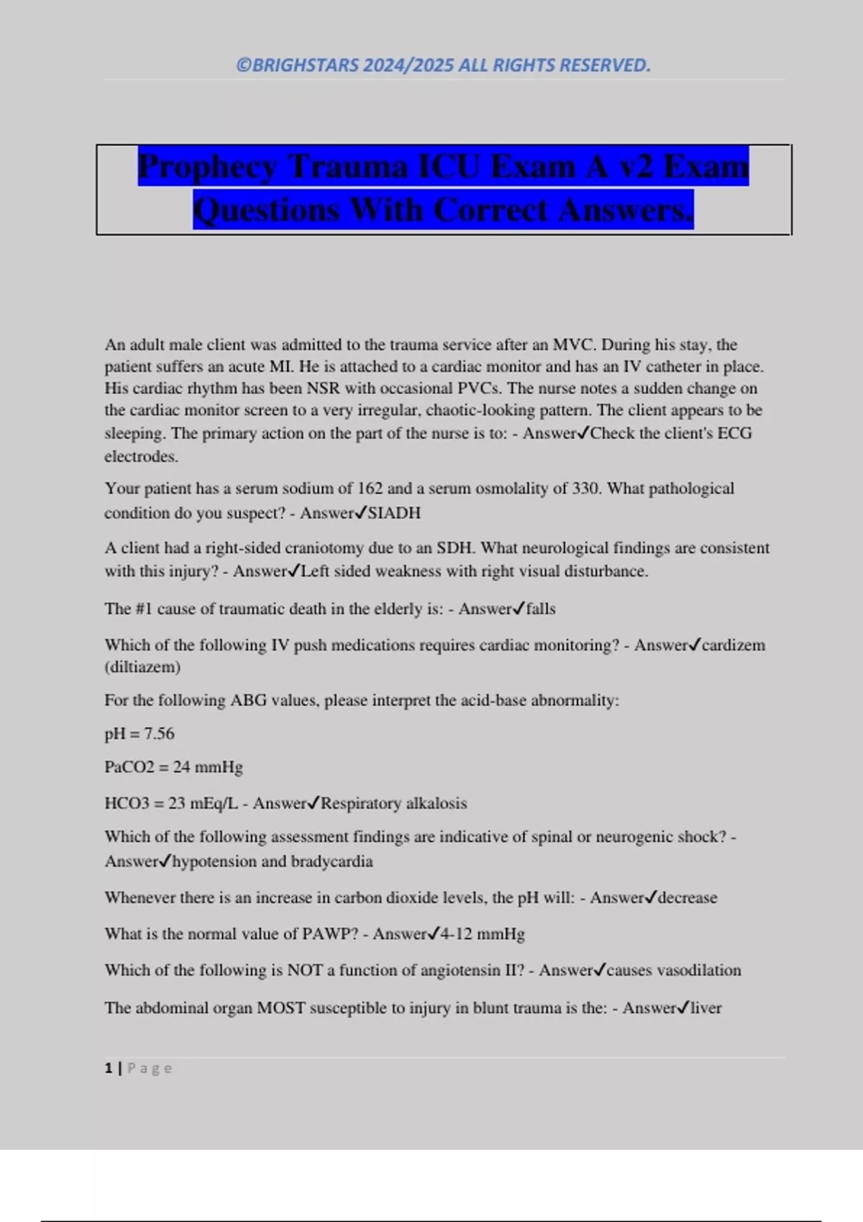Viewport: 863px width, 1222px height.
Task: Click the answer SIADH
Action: (x=394, y=513)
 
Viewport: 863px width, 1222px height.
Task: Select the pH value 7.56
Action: (x=159, y=734)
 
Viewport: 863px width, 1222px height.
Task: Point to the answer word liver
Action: (x=706, y=1008)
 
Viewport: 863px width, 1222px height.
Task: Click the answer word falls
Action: (x=541, y=609)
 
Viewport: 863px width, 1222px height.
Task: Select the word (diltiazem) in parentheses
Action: (x=142, y=667)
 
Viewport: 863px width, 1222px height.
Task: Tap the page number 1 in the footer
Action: (x=109, y=1068)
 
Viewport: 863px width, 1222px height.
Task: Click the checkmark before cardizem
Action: (x=694, y=645)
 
